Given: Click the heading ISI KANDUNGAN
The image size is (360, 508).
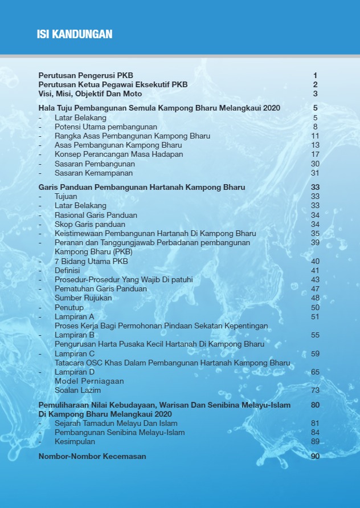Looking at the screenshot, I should pyautogui.click(x=74, y=35).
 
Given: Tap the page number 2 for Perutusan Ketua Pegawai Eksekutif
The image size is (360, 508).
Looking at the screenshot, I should pyautogui.click(x=315, y=84).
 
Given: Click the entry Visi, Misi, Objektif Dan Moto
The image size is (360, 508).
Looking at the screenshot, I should pyautogui.click(x=90, y=94).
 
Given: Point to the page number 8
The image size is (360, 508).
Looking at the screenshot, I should pyautogui.click(x=315, y=127).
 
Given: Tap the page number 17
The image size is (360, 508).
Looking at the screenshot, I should pyautogui.click(x=315, y=154).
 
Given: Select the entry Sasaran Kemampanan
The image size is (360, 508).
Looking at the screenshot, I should pyautogui.click(x=93, y=173).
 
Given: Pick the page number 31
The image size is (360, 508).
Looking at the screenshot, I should pyautogui.click(x=315, y=173).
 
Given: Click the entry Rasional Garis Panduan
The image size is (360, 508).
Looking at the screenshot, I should pyautogui.click(x=96, y=215).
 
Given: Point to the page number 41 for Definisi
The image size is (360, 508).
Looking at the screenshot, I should pyautogui.click(x=315, y=270).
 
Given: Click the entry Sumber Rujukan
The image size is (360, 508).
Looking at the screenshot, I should pyautogui.click(x=83, y=298).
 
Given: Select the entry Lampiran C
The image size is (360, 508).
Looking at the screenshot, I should pyautogui.click(x=75, y=353).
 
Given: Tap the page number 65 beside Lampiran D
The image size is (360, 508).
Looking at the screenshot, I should pyautogui.click(x=315, y=372).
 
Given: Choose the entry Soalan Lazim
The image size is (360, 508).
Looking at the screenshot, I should pyautogui.click(x=77, y=390).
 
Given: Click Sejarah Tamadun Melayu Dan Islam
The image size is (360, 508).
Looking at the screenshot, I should pyautogui.click(x=116, y=423).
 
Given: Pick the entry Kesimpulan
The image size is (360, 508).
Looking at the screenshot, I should pyautogui.click(x=75, y=441).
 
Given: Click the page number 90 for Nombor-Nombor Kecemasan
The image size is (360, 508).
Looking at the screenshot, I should pyautogui.click(x=315, y=456).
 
